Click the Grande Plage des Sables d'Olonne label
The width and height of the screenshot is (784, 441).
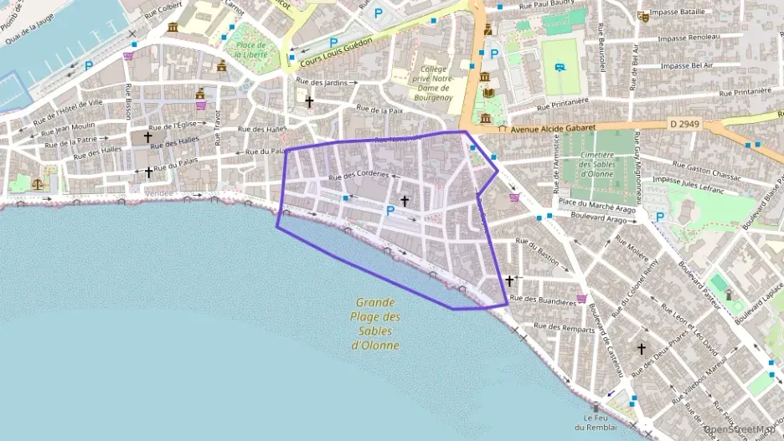coord(374,324)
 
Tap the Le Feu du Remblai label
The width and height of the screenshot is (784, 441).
coord(596,423)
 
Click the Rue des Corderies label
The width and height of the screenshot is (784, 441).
coord(359,176)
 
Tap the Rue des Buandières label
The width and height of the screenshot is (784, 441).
coord(544,299)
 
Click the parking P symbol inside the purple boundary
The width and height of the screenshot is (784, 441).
coord(389,209)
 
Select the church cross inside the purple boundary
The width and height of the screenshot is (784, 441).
coord(405,201)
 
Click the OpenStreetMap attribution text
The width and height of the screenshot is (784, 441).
coord(740,429)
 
